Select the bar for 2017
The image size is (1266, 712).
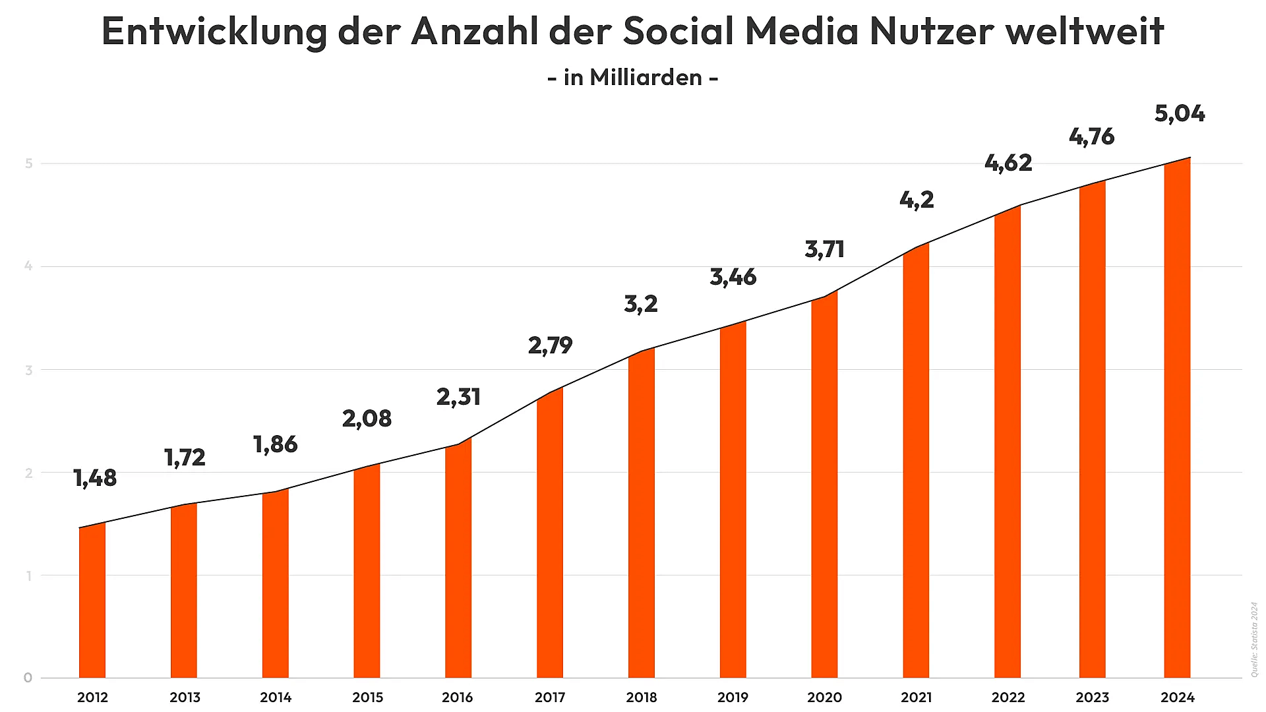point(550,534)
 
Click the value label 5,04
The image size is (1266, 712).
point(1180,114)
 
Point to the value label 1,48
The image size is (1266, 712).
point(95,478)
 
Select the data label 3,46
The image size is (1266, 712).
point(733,277)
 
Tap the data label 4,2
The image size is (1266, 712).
point(917,200)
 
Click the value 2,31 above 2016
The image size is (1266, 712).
point(458,397)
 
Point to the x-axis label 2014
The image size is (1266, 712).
point(276,697)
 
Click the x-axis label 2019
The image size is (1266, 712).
point(733,697)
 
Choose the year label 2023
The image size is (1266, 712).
point(1092,697)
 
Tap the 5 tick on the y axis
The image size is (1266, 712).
point(28,163)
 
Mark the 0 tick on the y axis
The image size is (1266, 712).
point(28,678)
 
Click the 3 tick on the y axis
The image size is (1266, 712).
point(28,370)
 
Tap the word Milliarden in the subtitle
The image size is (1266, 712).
point(646,78)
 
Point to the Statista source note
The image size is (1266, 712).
point(1254,639)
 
